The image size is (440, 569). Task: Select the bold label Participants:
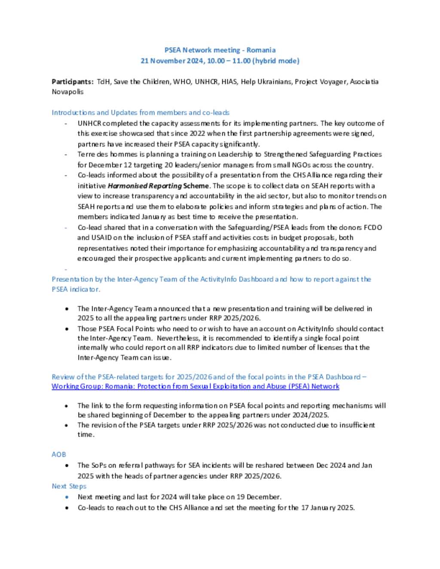click(x=72, y=82)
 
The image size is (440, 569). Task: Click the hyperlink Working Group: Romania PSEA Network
click(x=195, y=386)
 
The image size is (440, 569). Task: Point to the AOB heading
click(x=59, y=454)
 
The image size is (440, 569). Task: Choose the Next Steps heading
click(x=69, y=486)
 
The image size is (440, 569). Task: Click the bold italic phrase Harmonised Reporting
click(x=145, y=186)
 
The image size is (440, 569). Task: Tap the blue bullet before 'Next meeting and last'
click(x=67, y=497)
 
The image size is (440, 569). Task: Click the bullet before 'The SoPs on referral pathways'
click(x=67, y=466)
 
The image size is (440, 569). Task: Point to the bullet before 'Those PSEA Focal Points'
click(x=67, y=329)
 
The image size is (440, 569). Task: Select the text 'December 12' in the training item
click(x=99, y=165)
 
